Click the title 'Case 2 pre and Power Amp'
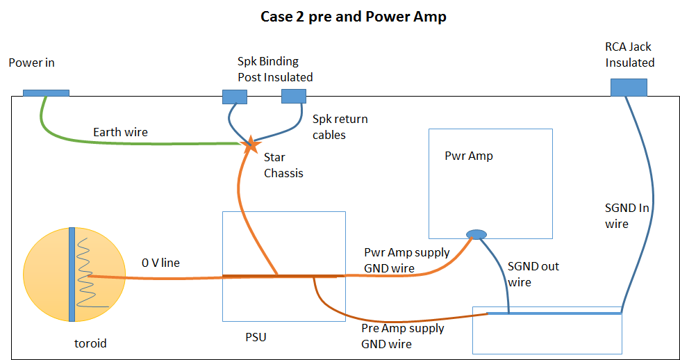tap(353, 17)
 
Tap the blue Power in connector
tap(46, 93)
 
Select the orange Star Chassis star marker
tap(250, 145)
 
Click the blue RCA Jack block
tap(629, 87)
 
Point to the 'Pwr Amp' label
tap(469, 156)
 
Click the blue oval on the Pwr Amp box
tap(476, 234)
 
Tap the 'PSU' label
tap(253, 336)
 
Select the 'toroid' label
tap(90, 344)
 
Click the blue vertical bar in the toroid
tap(72, 274)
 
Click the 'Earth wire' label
tap(121, 132)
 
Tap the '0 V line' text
tap(160, 263)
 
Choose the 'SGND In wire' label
tap(627, 216)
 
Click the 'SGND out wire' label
tap(533, 274)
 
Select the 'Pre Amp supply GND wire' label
tap(402, 336)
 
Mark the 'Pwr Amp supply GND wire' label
tap(407, 260)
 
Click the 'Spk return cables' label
tap(340, 126)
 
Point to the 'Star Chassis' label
tap(283, 165)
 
